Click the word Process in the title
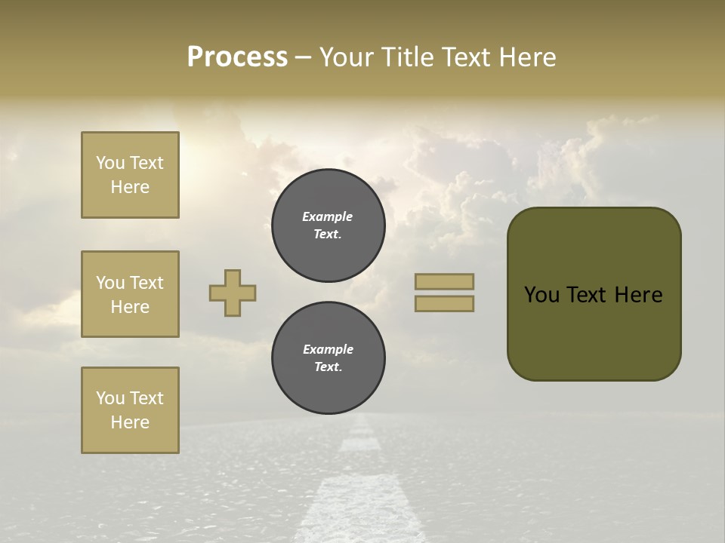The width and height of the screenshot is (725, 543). pos(237,57)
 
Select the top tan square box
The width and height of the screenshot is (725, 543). pos(130,175)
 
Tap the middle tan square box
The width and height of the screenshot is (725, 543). pos(130,294)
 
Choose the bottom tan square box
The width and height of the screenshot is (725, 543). pos(130,410)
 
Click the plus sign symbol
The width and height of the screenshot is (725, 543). pos(233,293)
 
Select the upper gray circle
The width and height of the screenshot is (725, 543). pos(328,225)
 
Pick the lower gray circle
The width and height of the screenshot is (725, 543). pos(328,358)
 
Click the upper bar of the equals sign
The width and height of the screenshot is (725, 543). pos(444,281)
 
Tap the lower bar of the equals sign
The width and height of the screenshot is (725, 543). pos(444,304)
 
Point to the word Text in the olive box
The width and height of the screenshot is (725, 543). pos(589,295)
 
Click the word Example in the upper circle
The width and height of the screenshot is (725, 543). pos(328,216)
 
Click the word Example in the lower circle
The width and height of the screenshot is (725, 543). pos(328,349)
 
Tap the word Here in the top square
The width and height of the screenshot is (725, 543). pos(130,187)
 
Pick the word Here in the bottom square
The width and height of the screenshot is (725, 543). pos(130,422)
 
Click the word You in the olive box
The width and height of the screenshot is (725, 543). pos(541,295)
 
